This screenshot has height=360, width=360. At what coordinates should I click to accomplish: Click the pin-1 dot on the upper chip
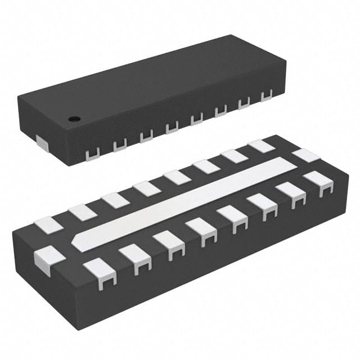click(73, 119)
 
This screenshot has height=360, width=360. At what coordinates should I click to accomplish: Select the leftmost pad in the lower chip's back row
click(48, 224)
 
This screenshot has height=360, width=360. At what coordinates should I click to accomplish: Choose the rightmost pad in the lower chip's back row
click(262, 145)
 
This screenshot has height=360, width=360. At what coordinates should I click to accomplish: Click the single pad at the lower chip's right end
click(305, 155)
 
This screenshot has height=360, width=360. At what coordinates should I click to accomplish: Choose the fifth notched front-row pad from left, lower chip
click(232, 217)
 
